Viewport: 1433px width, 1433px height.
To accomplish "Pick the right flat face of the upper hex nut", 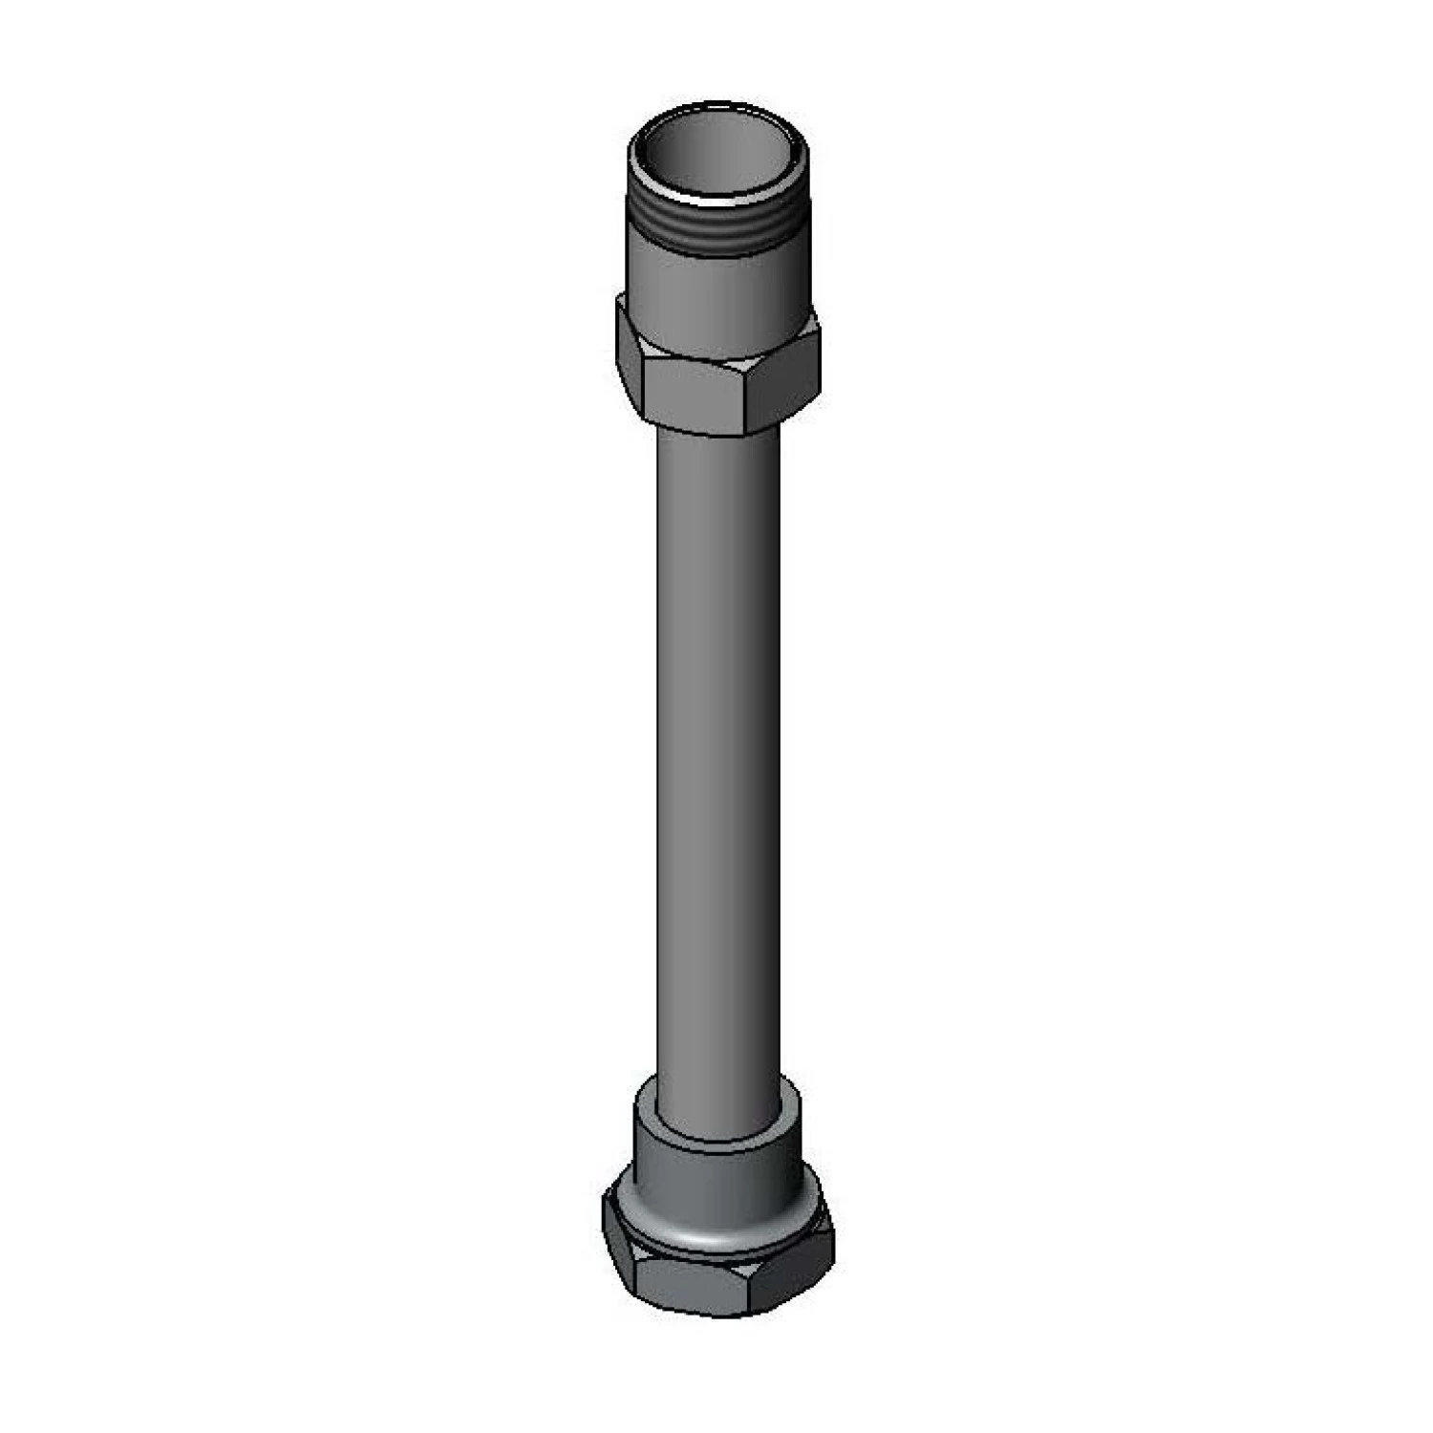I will pyautogui.click(x=783, y=382).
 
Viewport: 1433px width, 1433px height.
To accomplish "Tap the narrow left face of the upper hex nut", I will pyautogui.click(x=629, y=358).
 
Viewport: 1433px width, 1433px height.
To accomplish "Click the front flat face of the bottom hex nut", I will pyautogui.click(x=690, y=1285).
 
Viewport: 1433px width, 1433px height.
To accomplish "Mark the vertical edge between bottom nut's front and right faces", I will pyautogui.click(x=749, y=1285).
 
